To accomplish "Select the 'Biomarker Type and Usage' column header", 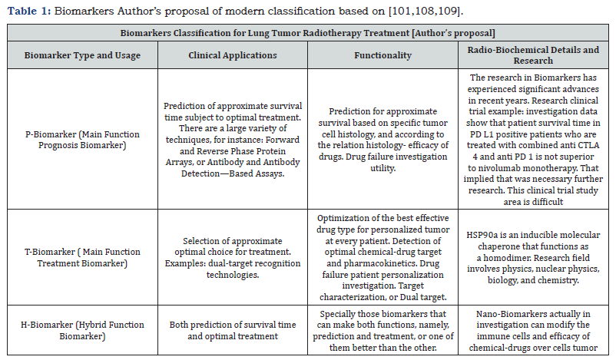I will (82, 55).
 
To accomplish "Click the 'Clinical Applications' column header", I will (233, 55).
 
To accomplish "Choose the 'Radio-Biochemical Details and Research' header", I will (533, 55).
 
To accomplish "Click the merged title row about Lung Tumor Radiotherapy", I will (307, 34).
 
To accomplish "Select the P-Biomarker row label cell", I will (82, 140).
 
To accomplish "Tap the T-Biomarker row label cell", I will (82, 257).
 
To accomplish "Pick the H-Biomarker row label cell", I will (82, 329).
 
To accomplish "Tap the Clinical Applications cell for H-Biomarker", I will (233, 329).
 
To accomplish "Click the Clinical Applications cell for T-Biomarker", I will (233, 257).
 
